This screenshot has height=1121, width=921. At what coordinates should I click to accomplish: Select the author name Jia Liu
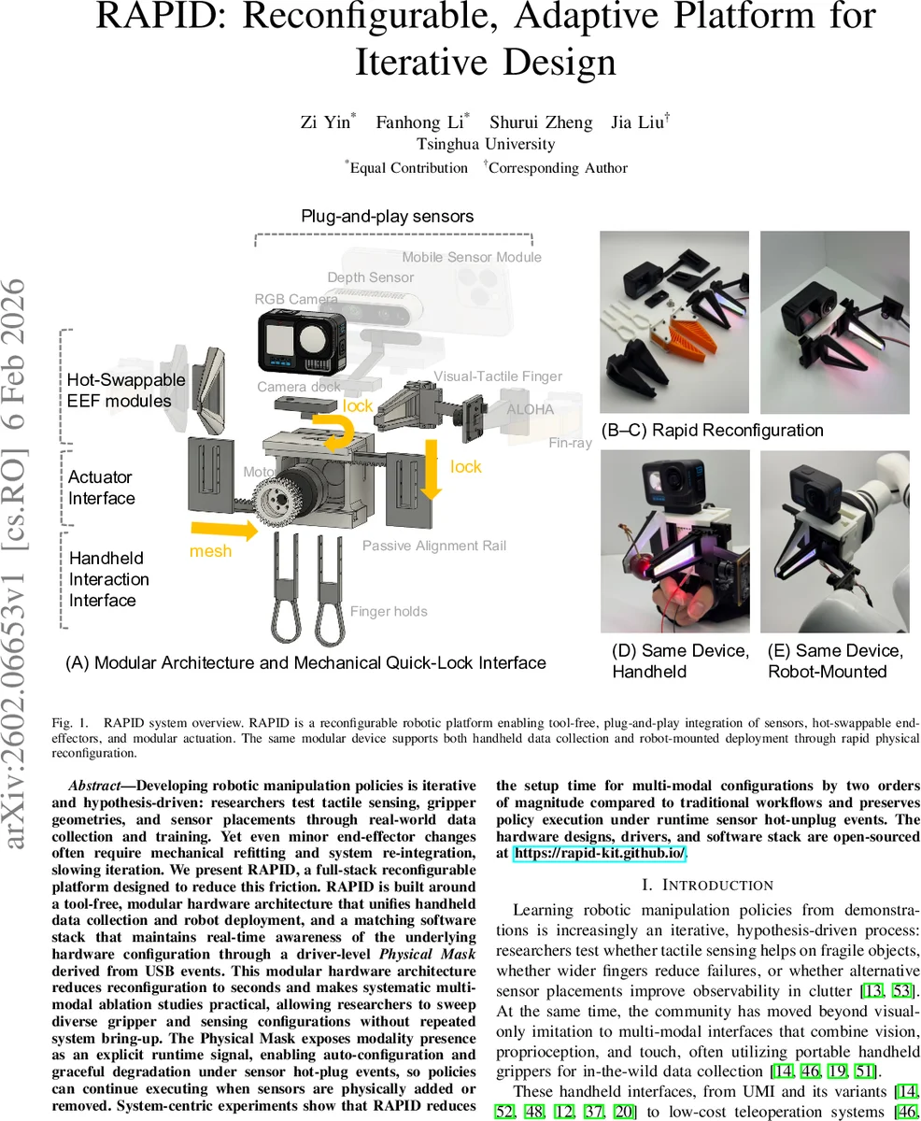(639, 122)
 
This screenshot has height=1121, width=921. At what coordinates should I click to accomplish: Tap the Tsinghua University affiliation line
(486, 144)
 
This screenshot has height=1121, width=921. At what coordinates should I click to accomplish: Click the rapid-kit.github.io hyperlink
(599, 853)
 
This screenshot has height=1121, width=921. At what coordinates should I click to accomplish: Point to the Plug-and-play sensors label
(387, 216)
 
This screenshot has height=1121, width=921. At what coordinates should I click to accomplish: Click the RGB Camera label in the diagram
(296, 299)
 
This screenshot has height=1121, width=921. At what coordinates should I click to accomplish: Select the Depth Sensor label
(370, 277)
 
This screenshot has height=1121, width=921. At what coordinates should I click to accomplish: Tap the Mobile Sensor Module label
(472, 257)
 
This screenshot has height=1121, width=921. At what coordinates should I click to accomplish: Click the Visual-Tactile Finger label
(498, 376)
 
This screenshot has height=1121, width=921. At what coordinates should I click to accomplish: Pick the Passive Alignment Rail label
(434, 546)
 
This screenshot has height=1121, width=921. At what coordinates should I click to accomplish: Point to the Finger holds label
(389, 612)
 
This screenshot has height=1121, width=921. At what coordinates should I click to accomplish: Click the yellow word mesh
(210, 551)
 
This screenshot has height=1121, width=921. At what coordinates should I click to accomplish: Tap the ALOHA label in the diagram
(530, 409)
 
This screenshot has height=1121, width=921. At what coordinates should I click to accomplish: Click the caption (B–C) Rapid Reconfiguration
(713, 430)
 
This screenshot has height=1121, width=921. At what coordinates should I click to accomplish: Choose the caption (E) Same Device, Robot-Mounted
(835, 660)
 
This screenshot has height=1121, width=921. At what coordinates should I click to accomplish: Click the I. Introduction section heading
(708, 885)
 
